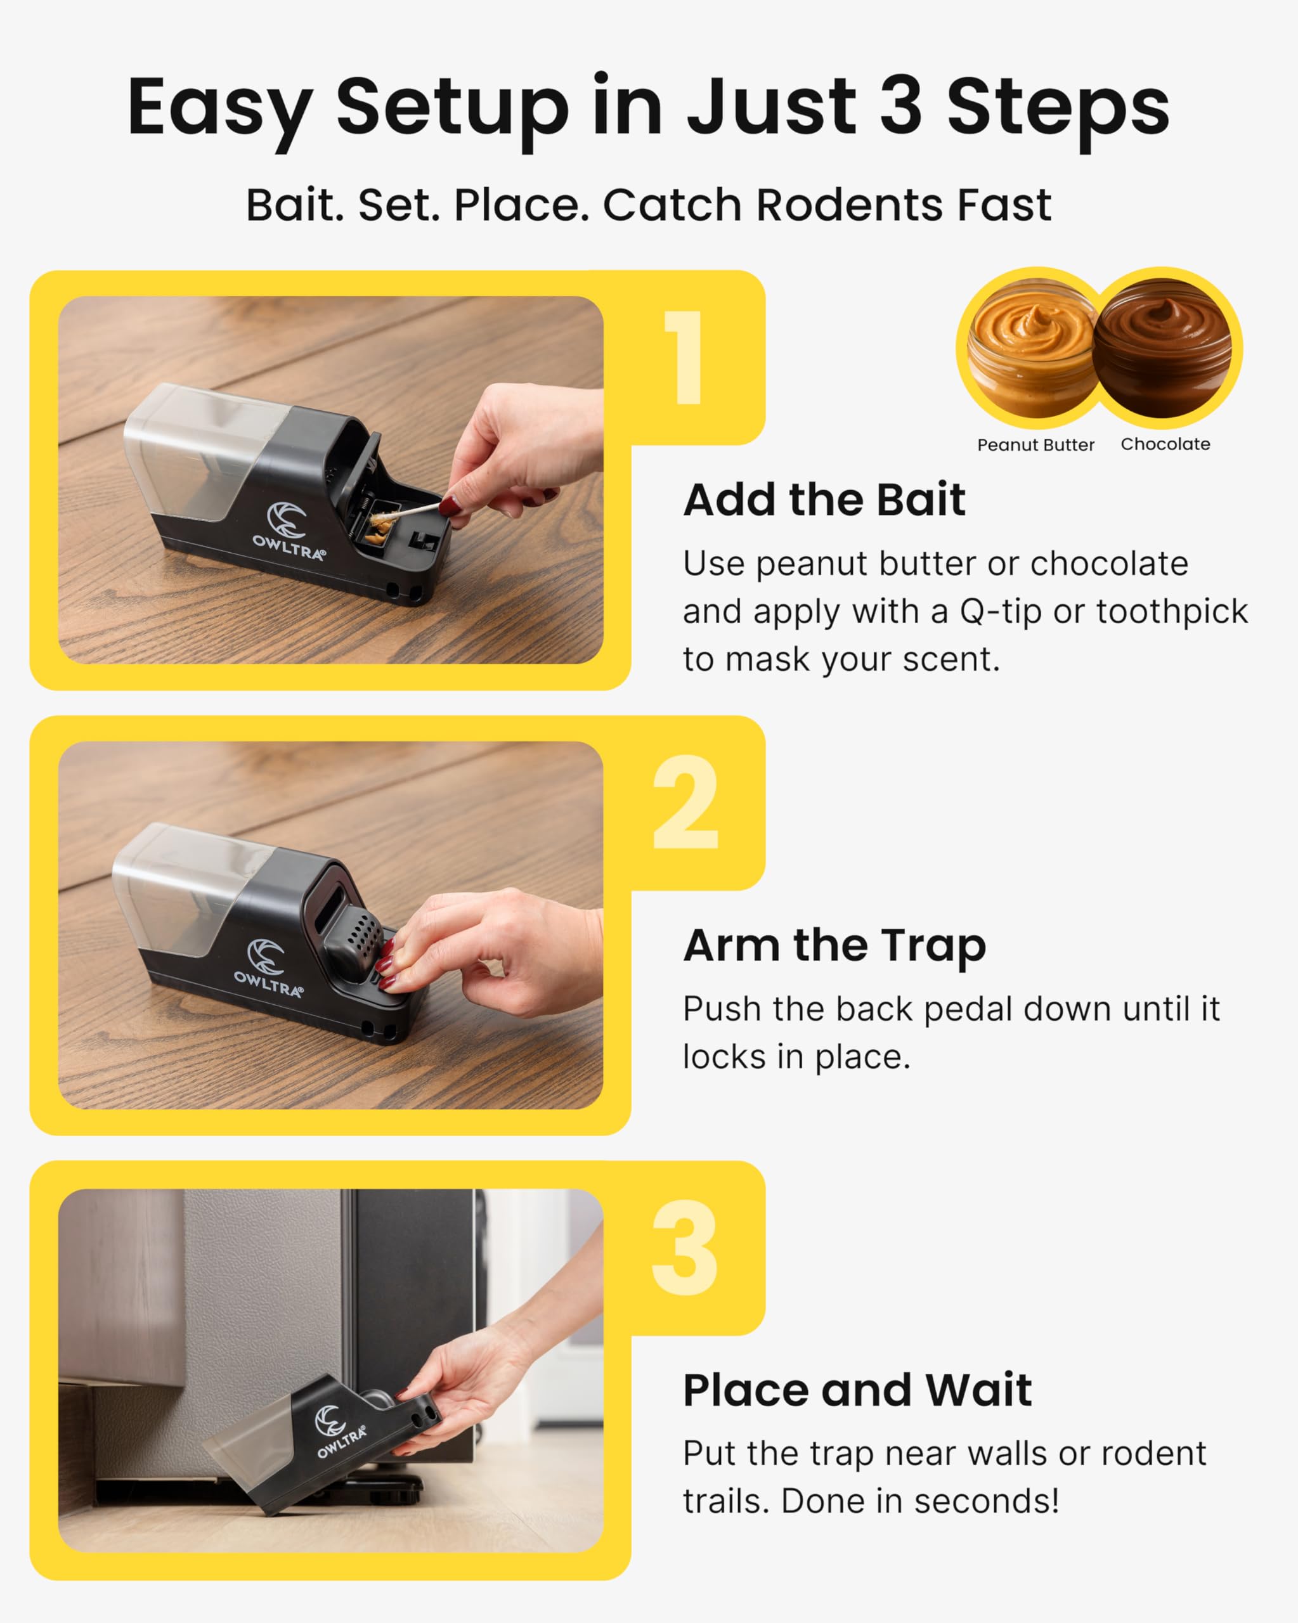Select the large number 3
tap(684, 1248)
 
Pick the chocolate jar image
tap(1162, 348)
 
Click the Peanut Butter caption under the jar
tap(1035, 445)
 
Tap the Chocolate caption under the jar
tap(1165, 444)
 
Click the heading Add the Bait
tap(824, 499)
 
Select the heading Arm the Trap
tap(834, 945)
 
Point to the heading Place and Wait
tap(857, 1390)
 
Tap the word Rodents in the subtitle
tap(849, 205)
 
